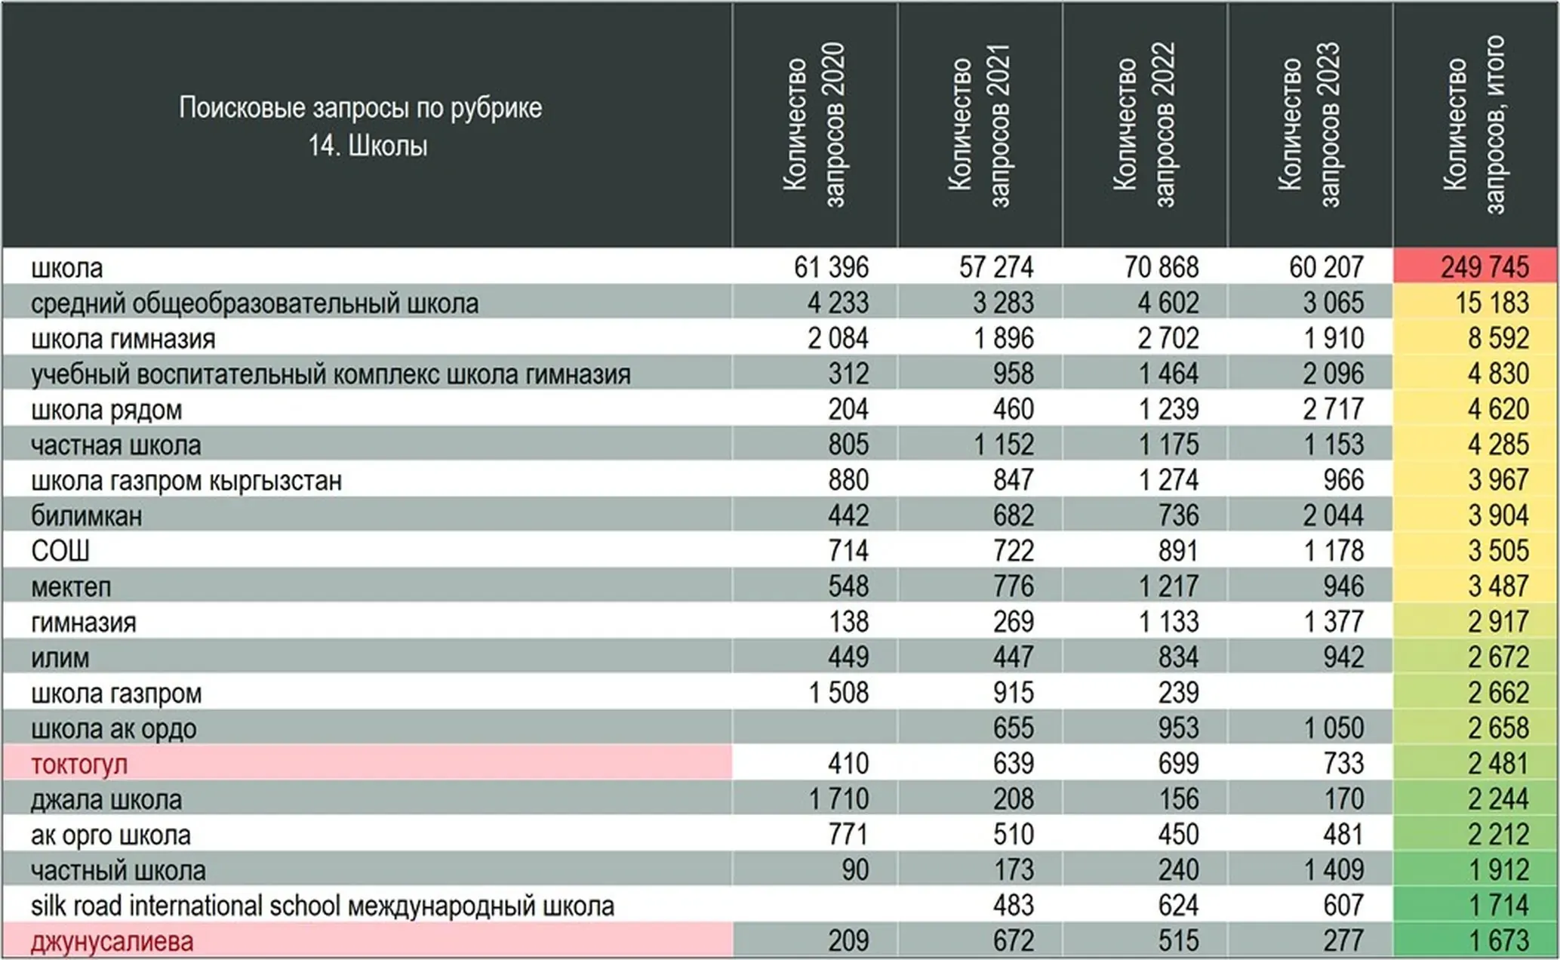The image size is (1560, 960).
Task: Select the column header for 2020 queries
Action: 814,125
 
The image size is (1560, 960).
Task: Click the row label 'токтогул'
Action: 79,765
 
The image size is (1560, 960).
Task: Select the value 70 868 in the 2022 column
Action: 1161,267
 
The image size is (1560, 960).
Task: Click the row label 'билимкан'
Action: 86,516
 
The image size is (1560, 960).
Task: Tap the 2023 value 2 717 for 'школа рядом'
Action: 1333,409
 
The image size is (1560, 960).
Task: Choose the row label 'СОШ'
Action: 60,551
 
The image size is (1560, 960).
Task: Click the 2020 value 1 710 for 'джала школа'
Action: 838,799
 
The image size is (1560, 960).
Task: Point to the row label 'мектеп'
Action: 71,587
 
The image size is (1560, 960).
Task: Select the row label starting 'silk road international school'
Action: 322,906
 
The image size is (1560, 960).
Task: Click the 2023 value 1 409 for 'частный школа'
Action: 1334,870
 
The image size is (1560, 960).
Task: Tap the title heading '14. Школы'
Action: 368,146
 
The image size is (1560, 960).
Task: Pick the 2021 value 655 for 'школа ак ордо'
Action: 1013,728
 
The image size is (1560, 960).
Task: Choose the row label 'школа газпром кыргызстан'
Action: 186,481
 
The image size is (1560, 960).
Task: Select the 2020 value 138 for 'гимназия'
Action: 848,622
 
